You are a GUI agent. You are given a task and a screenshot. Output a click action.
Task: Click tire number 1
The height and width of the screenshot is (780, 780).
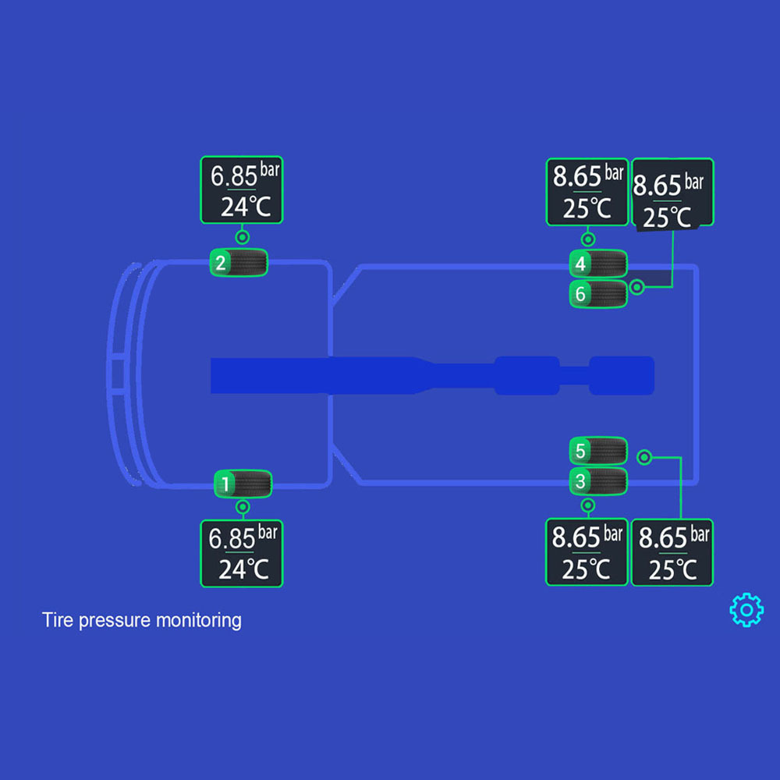[x=243, y=484]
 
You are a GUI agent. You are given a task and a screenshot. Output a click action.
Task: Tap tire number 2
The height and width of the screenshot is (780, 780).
[x=239, y=262]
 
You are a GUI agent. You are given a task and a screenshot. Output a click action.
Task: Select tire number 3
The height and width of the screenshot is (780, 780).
[x=598, y=481]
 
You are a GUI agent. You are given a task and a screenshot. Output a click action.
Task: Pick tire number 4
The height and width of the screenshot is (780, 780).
[x=598, y=264]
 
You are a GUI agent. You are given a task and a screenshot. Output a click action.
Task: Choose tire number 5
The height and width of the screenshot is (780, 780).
[x=598, y=451]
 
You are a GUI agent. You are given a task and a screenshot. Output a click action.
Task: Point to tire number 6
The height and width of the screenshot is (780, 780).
[x=598, y=294]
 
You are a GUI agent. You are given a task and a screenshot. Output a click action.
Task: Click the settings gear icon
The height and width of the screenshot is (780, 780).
[x=746, y=609]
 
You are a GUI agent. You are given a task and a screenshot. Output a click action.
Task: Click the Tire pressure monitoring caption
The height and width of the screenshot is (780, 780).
[x=141, y=621]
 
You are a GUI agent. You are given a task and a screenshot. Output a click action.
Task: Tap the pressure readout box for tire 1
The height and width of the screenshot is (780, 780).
[x=242, y=553]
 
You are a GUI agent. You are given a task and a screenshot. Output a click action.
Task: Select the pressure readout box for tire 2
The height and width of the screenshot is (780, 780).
[x=242, y=190]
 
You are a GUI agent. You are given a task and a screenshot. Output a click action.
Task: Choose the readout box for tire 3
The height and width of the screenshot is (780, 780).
[x=587, y=551]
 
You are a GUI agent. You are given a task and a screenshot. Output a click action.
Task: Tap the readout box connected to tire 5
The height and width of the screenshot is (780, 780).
[x=672, y=551]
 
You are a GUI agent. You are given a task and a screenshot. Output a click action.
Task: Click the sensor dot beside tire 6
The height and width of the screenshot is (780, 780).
[x=637, y=287]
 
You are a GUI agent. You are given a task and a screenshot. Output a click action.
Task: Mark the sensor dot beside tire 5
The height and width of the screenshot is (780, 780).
[x=644, y=457]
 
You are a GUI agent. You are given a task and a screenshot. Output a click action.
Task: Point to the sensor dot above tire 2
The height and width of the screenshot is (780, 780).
[x=243, y=237]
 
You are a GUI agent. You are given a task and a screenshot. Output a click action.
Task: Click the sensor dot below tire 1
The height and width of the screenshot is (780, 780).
[x=243, y=507]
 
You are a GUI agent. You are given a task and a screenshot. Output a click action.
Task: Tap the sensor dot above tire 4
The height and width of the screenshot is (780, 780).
[x=589, y=239]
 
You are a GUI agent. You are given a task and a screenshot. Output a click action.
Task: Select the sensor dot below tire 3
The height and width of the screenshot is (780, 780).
[x=588, y=505]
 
